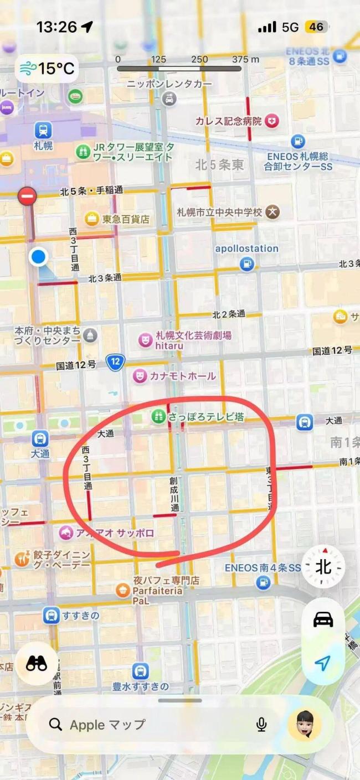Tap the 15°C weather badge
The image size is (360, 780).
click(x=47, y=69)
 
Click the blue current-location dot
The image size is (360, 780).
click(x=38, y=257)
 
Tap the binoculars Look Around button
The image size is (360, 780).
click(x=37, y=664)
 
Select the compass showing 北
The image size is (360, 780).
click(x=323, y=567)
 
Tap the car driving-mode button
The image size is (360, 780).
click(x=323, y=619)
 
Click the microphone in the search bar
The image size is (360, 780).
click(x=261, y=725)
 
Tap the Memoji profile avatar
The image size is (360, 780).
click(x=305, y=725)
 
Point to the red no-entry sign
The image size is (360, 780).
click(x=27, y=196)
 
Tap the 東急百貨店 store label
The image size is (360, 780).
click(x=126, y=219)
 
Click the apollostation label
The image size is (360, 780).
click(x=246, y=249)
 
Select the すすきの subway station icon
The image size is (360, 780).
click(x=51, y=615)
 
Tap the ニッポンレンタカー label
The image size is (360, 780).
click(x=169, y=84)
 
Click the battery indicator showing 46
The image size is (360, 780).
click(x=316, y=27)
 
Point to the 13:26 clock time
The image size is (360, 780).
click(x=56, y=27)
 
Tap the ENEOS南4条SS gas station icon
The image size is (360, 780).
click(x=263, y=582)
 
